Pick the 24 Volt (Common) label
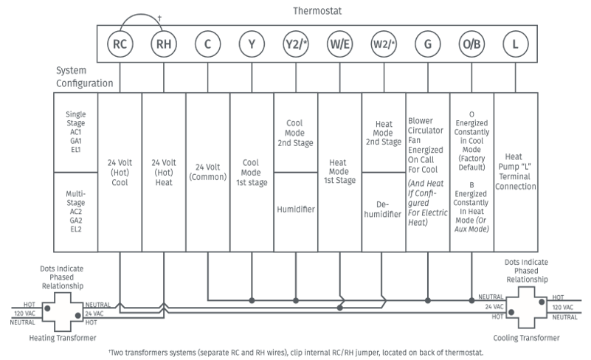click(x=207, y=172)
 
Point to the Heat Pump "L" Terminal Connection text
click(x=515, y=172)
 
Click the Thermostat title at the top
click(x=317, y=11)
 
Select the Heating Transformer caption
click(x=63, y=338)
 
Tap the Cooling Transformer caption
click(x=526, y=338)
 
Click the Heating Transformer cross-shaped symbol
click(x=62, y=312)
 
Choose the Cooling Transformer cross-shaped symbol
click(x=526, y=308)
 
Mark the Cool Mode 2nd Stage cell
click(x=295, y=133)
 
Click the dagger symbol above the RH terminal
click(x=159, y=18)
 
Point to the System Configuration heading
click(x=84, y=77)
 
